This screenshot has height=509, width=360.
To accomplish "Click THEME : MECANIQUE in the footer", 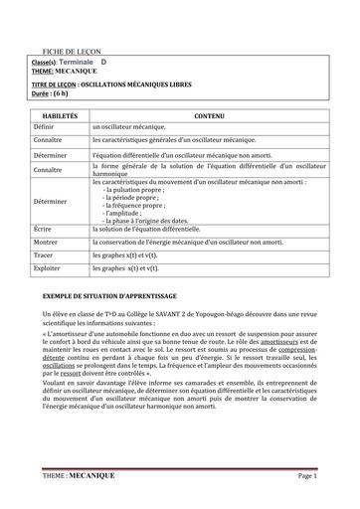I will point(80,476).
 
